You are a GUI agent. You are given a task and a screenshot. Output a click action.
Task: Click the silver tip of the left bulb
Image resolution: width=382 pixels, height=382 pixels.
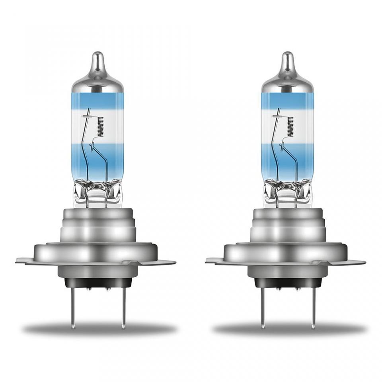pyautogui.click(x=97, y=64)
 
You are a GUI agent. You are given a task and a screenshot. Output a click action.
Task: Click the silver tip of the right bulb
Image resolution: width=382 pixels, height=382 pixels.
pyautogui.click(x=287, y=64)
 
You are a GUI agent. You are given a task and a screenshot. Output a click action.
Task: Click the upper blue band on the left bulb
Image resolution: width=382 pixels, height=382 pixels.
pyautogui.click(x=97, y=99)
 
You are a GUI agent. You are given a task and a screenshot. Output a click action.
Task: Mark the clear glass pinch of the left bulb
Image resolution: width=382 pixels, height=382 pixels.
pyautogui.click(x=97, y=195)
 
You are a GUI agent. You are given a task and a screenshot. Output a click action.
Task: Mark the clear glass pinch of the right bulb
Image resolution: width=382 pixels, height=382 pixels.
pyautogui.click(x=287, y=195)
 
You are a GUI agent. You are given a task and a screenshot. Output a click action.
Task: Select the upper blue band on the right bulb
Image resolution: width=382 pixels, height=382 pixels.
pyautogui.click(x=287, y=99)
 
